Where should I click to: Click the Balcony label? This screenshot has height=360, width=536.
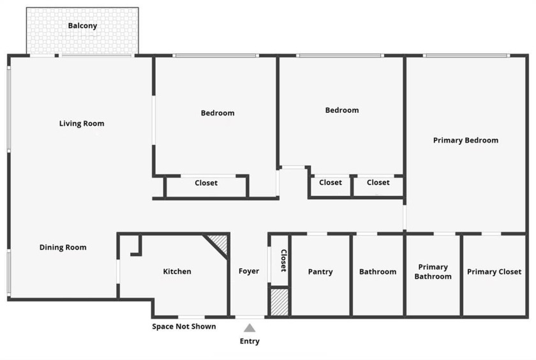pyautogui.click(x=82, y=26)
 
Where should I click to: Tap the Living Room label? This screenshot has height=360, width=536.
pyautogui.click(x=82, y=124)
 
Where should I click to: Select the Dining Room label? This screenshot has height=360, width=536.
pyautogui.click(x=63, y=248)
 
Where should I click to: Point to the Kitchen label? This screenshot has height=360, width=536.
pyautogui.click(x=177, y=272)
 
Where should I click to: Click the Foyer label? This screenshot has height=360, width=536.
pyautogui.click(x=249, y=271)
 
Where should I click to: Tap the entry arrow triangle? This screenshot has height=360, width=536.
pyautogui.click(x=249, y=328)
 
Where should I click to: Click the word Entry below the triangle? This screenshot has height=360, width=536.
pyautogui.click(x=249, y=341)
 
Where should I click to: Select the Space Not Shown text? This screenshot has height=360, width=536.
pyautogui.click(x=184, y=327)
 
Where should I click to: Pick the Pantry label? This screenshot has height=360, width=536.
pyautogui.click(x=320, y=272)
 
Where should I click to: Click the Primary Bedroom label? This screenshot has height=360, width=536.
pyautogui.click(x=466, y=140)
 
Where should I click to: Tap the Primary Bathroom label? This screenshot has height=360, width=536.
pyautogui.click(x=433, y=272)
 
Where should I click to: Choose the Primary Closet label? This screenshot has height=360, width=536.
pyautogui.click(x=494, y=272)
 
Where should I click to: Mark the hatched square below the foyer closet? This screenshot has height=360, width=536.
pyautogui.click(x=279, y=302)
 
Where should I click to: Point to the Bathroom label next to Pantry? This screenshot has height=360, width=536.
pyautogui.click(x=378, y=272)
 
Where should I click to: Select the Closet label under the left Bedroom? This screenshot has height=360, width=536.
pyautogui.click(x=206, y=183)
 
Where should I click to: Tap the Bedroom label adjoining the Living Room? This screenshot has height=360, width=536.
pyautogui.click(x=218, y=114)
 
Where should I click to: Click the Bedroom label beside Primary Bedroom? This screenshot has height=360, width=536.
pyautogui.click(x=342, y=110)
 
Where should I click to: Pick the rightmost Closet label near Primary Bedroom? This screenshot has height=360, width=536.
pyautogui.click(x=378, y=183)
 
